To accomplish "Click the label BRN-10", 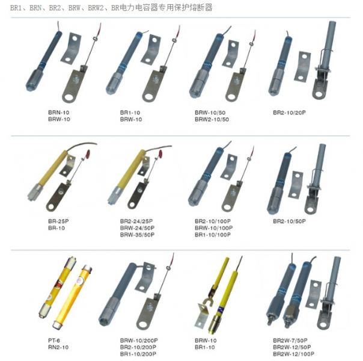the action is [x=58, y=113].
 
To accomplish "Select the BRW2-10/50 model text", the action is [x=212, y=119].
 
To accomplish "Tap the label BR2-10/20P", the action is [x=290, y=113].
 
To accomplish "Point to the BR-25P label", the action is [x=58, y=221].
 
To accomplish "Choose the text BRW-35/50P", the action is [x=137, y=235].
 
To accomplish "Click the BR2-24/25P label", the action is [x=136, y=221].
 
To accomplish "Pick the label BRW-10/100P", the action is [x=214, y=228].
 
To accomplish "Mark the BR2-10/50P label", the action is [x=290, y=221].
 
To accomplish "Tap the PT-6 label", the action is [x=54, y=341].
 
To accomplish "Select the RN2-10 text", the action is [x=58, y=347].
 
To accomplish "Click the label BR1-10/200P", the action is [x=138, y=354].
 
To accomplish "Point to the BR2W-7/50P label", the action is [x=290, y=341].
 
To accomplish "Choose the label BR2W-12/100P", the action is [x=293, y=354].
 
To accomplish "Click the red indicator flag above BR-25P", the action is [x=88, y=153].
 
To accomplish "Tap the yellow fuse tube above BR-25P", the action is [x=53, y=168].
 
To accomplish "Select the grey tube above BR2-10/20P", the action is [x=329, y=44].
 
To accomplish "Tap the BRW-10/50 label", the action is [x=210, y=113].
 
